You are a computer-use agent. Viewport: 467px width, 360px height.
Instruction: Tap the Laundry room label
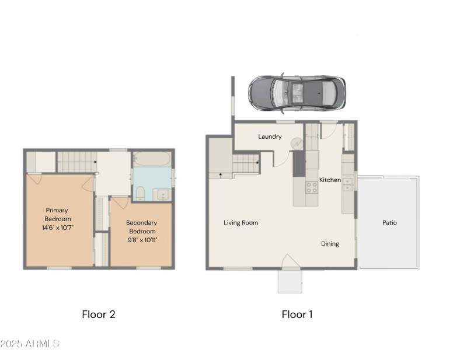coord(270,137)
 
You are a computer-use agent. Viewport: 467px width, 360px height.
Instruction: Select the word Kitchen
coord(330,180)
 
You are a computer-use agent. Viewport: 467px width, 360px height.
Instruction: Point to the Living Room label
coord(241,223)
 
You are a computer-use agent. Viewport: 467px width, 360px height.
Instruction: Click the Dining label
coord(330,244)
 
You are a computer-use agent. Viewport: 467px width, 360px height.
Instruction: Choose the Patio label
coord(389,222)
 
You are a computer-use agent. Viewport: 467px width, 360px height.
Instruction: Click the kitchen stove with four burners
coord(312,187)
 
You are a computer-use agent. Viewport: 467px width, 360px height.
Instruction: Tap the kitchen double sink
coord(348,183)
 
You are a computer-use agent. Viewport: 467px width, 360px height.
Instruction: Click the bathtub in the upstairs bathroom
coord(151,159)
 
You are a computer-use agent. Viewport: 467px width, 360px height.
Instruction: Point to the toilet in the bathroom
coord(141,193)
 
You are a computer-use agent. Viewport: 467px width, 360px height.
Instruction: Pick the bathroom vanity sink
coord(162,194)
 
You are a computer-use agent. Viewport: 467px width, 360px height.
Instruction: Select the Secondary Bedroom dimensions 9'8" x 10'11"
coord(141,240)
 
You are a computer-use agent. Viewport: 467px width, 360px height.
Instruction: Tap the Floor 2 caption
coord(99,314)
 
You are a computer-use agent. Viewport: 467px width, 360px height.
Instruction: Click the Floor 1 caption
coord(297,314)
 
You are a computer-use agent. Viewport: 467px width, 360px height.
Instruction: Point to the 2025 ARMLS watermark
coord(30,344)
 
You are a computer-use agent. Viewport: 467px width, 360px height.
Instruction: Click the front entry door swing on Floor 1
coord(290,261)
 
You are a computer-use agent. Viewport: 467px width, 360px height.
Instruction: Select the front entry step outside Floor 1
coord(290,282)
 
